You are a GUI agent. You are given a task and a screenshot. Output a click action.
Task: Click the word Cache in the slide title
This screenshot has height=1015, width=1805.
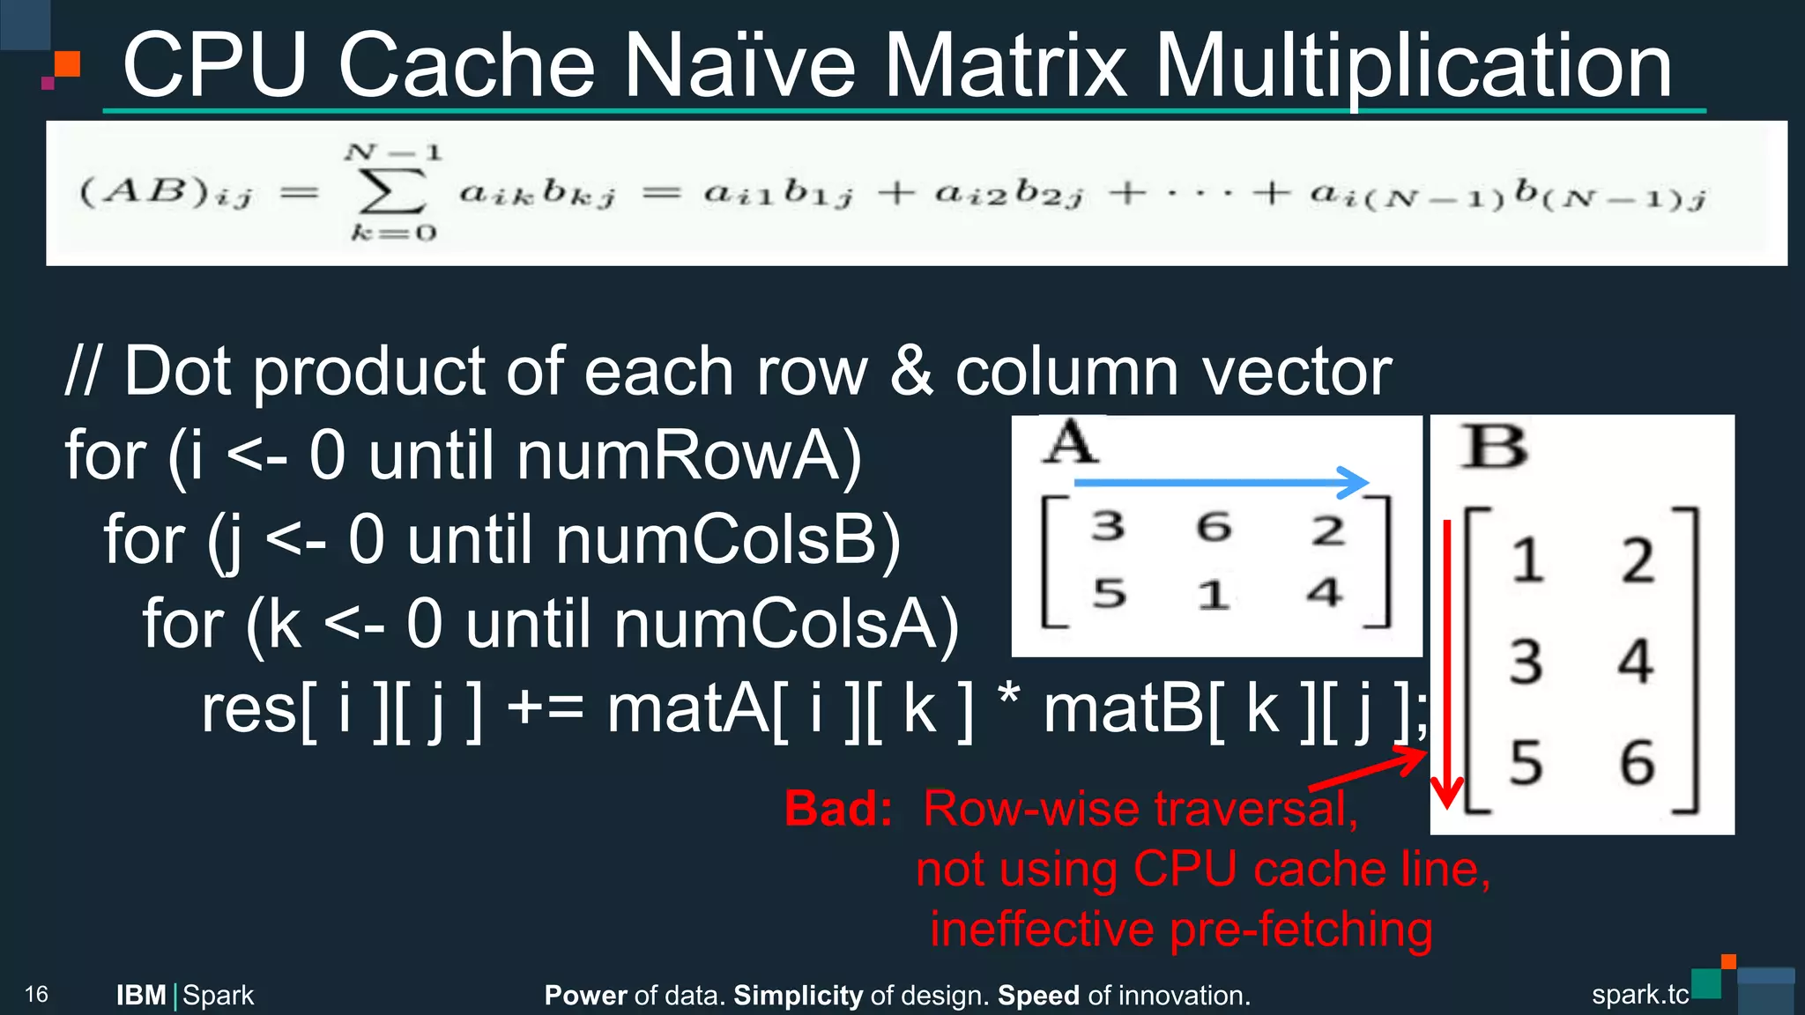coord(466,65)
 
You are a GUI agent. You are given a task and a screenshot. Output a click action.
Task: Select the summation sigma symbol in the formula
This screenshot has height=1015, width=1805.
coord(391,191)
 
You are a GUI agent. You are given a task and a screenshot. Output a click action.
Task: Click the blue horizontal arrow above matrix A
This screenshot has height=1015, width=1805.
coord(1220,482)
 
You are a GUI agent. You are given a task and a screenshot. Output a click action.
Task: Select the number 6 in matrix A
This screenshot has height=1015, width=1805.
coord(1214,527)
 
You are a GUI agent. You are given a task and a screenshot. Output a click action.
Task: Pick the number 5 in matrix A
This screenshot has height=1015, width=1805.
coord(1110,593)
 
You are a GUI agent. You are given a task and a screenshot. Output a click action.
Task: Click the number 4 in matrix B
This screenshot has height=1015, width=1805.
coord(1636,661)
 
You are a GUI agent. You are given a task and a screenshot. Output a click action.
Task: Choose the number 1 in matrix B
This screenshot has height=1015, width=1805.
coord(1527,560)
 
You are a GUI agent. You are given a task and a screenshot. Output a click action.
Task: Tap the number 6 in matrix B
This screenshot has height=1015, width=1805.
coord(1638,762)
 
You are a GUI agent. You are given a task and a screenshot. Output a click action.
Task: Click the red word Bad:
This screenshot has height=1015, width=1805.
coord(838,809)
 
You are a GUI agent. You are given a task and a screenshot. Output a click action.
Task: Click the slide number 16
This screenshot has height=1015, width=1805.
coord(36,995)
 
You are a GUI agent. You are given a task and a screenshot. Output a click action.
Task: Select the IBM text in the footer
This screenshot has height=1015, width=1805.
coord(141,996)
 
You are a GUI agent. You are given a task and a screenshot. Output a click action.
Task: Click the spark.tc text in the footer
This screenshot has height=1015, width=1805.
coord(1639,995)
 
